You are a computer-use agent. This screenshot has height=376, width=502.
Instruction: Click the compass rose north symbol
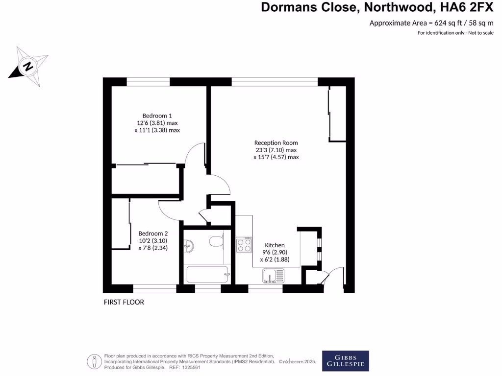tap(28, 66)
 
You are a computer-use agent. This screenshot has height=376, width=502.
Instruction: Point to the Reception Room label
tap(276, 143)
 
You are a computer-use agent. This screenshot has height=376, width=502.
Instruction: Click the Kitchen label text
tap(275, 245)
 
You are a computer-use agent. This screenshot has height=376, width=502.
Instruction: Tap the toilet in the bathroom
tap(216, 241)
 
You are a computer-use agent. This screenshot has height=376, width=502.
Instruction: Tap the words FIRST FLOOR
tap(124, 302)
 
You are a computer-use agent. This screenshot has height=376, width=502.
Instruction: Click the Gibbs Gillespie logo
tap(345, 361)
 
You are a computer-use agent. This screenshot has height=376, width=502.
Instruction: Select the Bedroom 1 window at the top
tap(148, 81)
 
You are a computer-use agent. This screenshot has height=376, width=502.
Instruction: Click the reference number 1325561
tap(192, 367)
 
